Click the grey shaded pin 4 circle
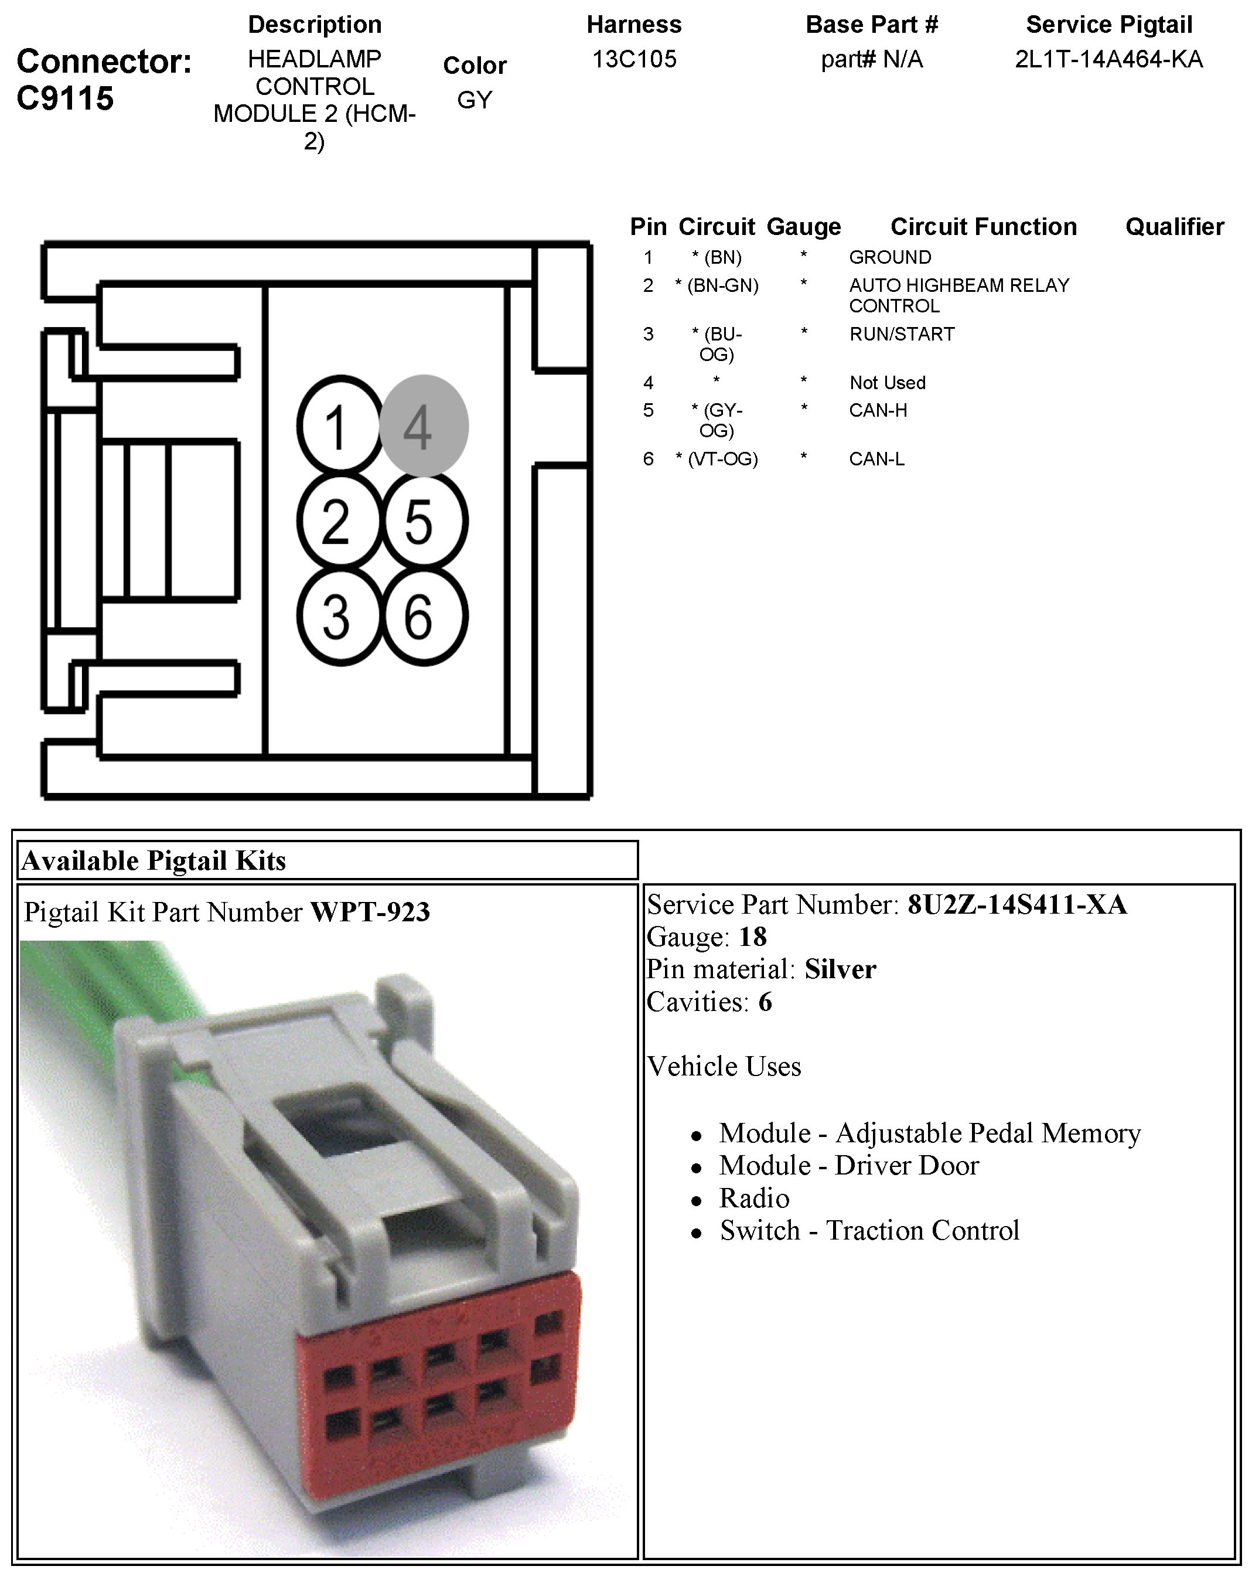pyautogui.click(x=424, y=426)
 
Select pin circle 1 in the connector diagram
pyautogui.click(x=339, y=425)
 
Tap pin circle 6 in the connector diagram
pyautogui.click(x=422, y=616)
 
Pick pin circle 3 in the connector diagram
pyautogui.click(x=339, y=616)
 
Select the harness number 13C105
pyautogui.click(x=634, y=59)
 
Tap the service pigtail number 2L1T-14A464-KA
pyautogui.click(x=1108, y=59)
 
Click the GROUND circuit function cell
pyautogui.click(x=890, y=257)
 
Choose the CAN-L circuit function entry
pyautogui.click(x=876, y=459)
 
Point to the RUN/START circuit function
pyautogui.click(x=902, y=334)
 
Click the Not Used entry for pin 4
pyautogui.click(x=887, y=383)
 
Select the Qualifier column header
pyautogui.click(x=1174, y=227)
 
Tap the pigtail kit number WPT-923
pyautogui.click(x=370, y=912)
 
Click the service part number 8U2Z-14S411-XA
pyautogui.click(x=1016, y=905)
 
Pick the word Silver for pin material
pyautogui.click(x=840, y=969)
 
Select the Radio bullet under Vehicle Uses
pyautogui.click(x=754, y=1197)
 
